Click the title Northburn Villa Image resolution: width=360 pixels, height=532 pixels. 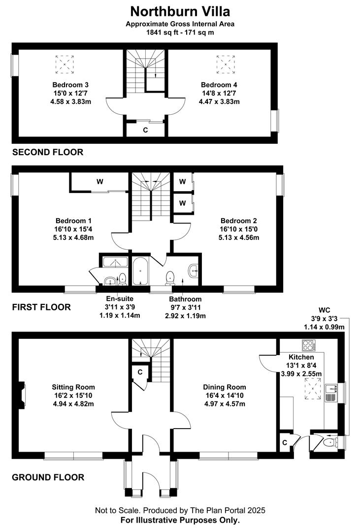coord(180,11)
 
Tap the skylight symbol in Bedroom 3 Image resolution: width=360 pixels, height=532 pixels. coord(65,65)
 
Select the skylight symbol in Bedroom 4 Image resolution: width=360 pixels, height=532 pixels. coord(226,65)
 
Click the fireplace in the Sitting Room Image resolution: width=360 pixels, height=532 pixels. coord(22,394)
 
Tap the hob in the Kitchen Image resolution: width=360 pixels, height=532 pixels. coord(309,345)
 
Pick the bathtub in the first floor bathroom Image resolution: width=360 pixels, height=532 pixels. coord(140,271)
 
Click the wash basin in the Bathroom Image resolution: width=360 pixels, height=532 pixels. coord(193,271)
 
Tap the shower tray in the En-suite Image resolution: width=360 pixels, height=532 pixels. coord(115,262)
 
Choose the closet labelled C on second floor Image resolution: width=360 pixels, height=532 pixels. coord(146,129)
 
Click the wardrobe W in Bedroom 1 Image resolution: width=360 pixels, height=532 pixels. coord(99,182)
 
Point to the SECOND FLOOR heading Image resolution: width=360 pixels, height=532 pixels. coord(48,152)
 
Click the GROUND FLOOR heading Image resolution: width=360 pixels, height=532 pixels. coord(48,477)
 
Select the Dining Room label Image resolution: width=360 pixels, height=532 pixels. coord(225,387)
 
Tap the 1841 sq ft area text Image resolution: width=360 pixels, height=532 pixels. coord(162,33)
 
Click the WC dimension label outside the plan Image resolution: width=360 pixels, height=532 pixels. coord(324,319)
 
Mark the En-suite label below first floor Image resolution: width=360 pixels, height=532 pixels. coord(120,299)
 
